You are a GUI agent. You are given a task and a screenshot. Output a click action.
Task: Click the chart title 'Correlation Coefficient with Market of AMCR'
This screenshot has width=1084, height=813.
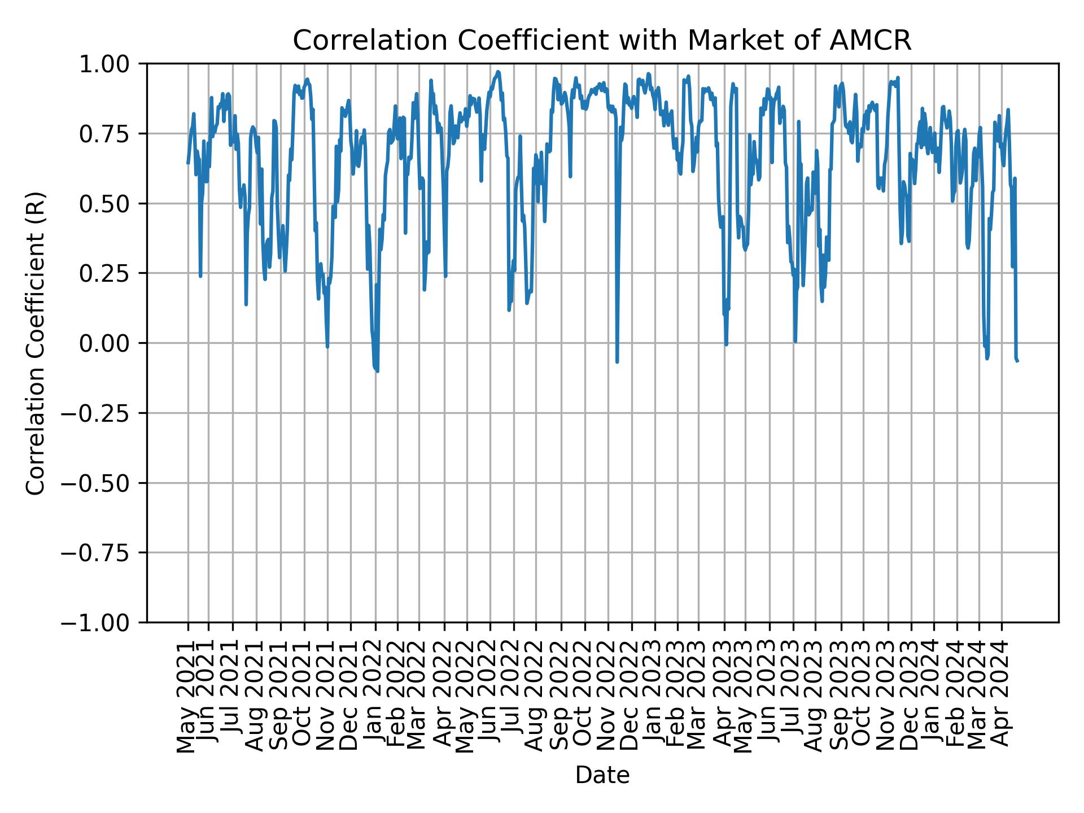pos(602,41)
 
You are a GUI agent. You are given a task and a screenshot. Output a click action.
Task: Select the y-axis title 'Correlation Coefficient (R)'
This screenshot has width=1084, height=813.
pos(36,343)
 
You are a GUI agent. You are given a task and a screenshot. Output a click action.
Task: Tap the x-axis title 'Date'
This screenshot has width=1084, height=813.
pos(602,776)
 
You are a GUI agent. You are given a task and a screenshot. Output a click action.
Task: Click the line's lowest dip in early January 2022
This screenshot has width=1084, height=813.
pos(377,370)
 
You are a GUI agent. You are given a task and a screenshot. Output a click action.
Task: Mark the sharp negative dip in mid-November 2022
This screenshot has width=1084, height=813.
pos(617,361)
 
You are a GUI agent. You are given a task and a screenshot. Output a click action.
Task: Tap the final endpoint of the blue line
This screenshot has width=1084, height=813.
pos(1017,361)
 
